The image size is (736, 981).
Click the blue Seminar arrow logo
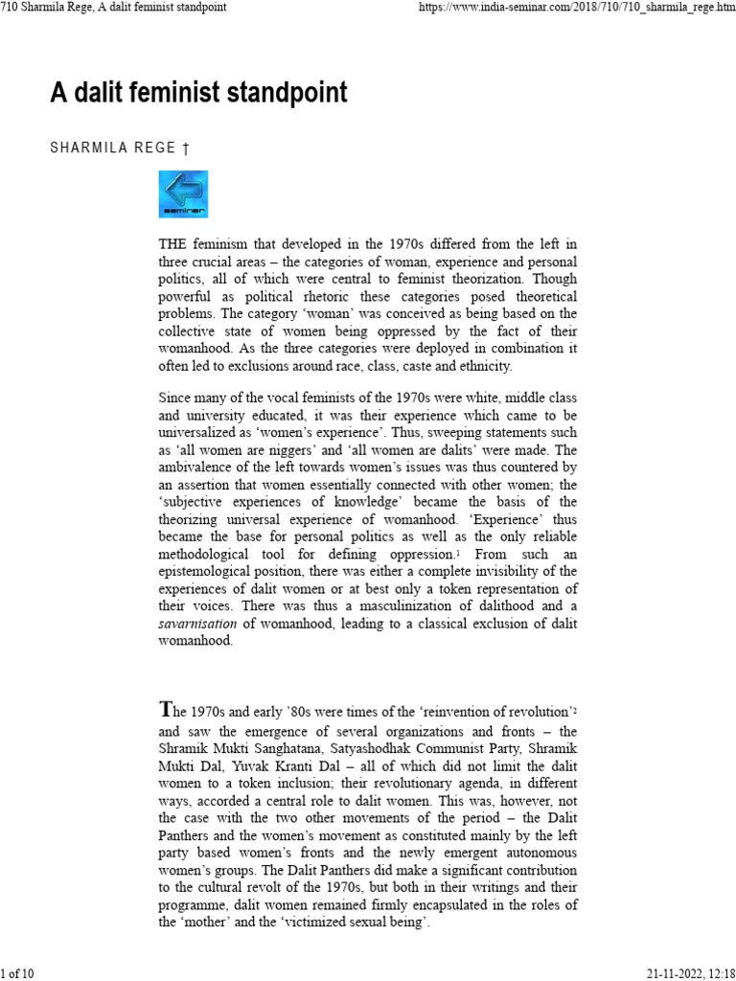coord(183,194)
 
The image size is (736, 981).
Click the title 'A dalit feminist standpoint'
coord(198,94)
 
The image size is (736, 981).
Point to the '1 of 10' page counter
coord(18,973)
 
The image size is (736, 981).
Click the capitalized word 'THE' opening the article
coord(175,244)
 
